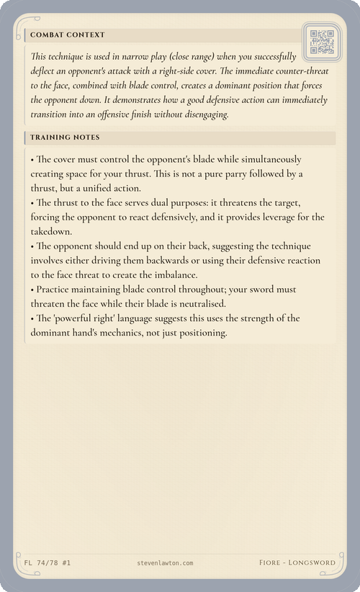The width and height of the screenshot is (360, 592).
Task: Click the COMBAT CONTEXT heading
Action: (x=68, y=35)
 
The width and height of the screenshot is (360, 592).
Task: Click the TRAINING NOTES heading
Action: (x=65, y=137)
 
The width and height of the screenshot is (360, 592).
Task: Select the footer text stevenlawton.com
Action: (x=164, y=562)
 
